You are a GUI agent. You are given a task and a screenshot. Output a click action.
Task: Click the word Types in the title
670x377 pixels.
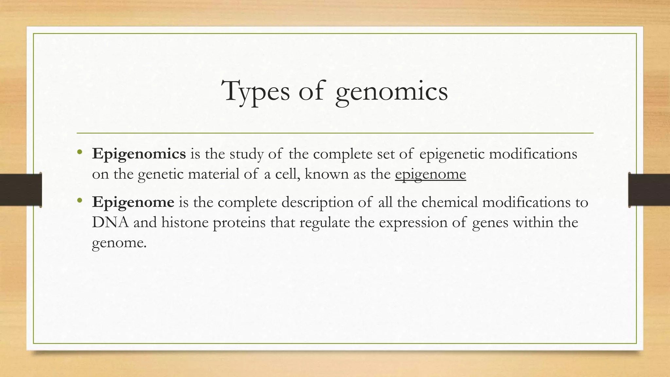tap(256, 92)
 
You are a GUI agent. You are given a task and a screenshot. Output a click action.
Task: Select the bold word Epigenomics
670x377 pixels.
tap(139, 154)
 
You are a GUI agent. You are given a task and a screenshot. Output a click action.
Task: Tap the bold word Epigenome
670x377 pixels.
tap(133, 202)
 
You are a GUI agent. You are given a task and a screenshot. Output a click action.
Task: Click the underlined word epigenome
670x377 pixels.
tap(430, 174)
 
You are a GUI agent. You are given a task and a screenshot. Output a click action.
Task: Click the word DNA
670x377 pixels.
tap(110, 223)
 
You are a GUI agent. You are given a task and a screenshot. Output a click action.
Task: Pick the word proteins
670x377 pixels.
tap(239, 223)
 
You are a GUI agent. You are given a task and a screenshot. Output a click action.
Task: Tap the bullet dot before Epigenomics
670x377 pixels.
tap(79, 152)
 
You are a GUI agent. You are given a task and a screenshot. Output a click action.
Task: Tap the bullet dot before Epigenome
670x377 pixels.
tap(79, 200)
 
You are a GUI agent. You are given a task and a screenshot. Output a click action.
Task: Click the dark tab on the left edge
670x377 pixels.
tap(21, 190)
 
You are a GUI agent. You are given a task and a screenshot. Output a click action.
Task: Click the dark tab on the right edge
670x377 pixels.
tap(649, 190)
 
